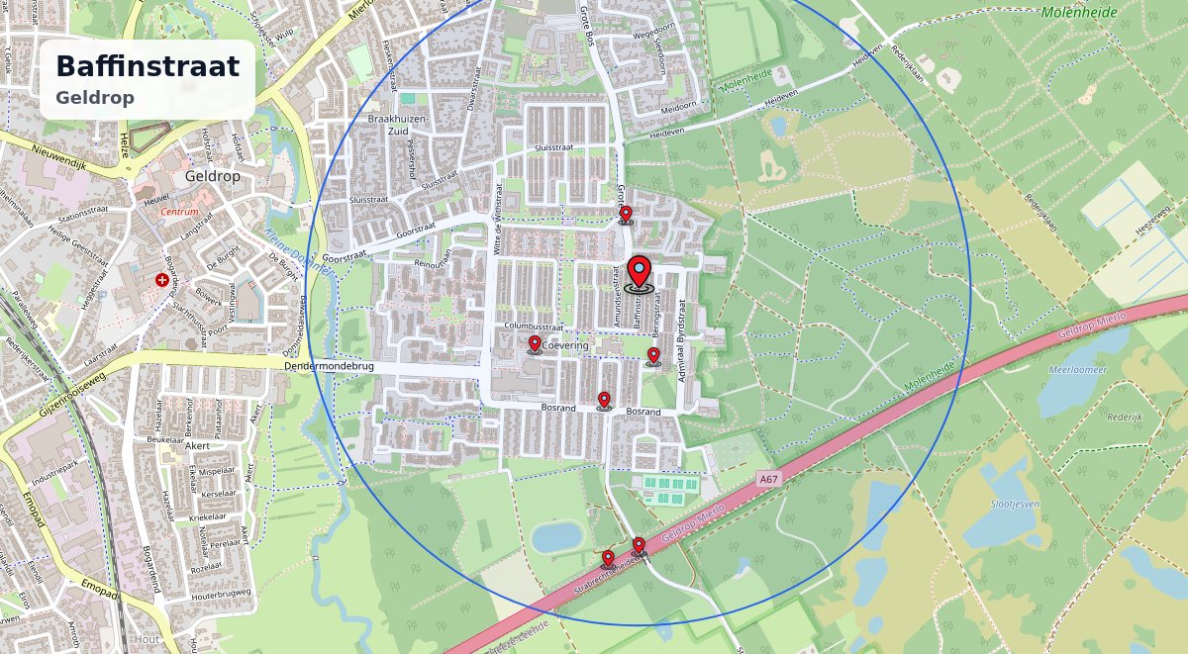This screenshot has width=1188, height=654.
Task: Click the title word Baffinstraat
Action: [148, 66]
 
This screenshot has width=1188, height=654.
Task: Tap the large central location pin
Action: [641, 273]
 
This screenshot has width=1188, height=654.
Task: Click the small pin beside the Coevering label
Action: [535, 343]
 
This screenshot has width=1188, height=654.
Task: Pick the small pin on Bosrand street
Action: [604, 400]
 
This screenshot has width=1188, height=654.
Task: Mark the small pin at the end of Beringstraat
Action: [653, 356]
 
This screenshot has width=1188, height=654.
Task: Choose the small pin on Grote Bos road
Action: [626, 215]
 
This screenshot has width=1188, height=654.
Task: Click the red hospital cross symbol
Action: [162, 281]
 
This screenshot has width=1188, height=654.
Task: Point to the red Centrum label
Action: [179, 212]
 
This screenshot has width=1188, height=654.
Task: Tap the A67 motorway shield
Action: [769, 480]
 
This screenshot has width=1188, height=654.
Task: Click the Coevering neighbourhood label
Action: [566, 346]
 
